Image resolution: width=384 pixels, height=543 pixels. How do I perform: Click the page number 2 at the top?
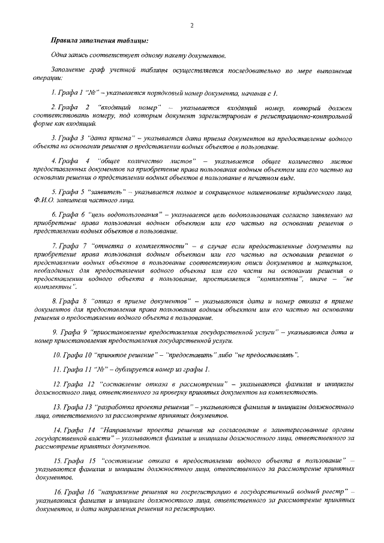[x=191, y=25]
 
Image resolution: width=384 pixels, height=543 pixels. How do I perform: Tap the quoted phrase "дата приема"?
[x=112, y=137]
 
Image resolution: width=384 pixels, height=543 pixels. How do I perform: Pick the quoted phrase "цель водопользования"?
[x=125, y=214]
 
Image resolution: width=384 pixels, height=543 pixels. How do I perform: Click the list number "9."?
[x=55, y=331]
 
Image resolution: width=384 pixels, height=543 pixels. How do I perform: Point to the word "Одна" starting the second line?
[x=60, y=55]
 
